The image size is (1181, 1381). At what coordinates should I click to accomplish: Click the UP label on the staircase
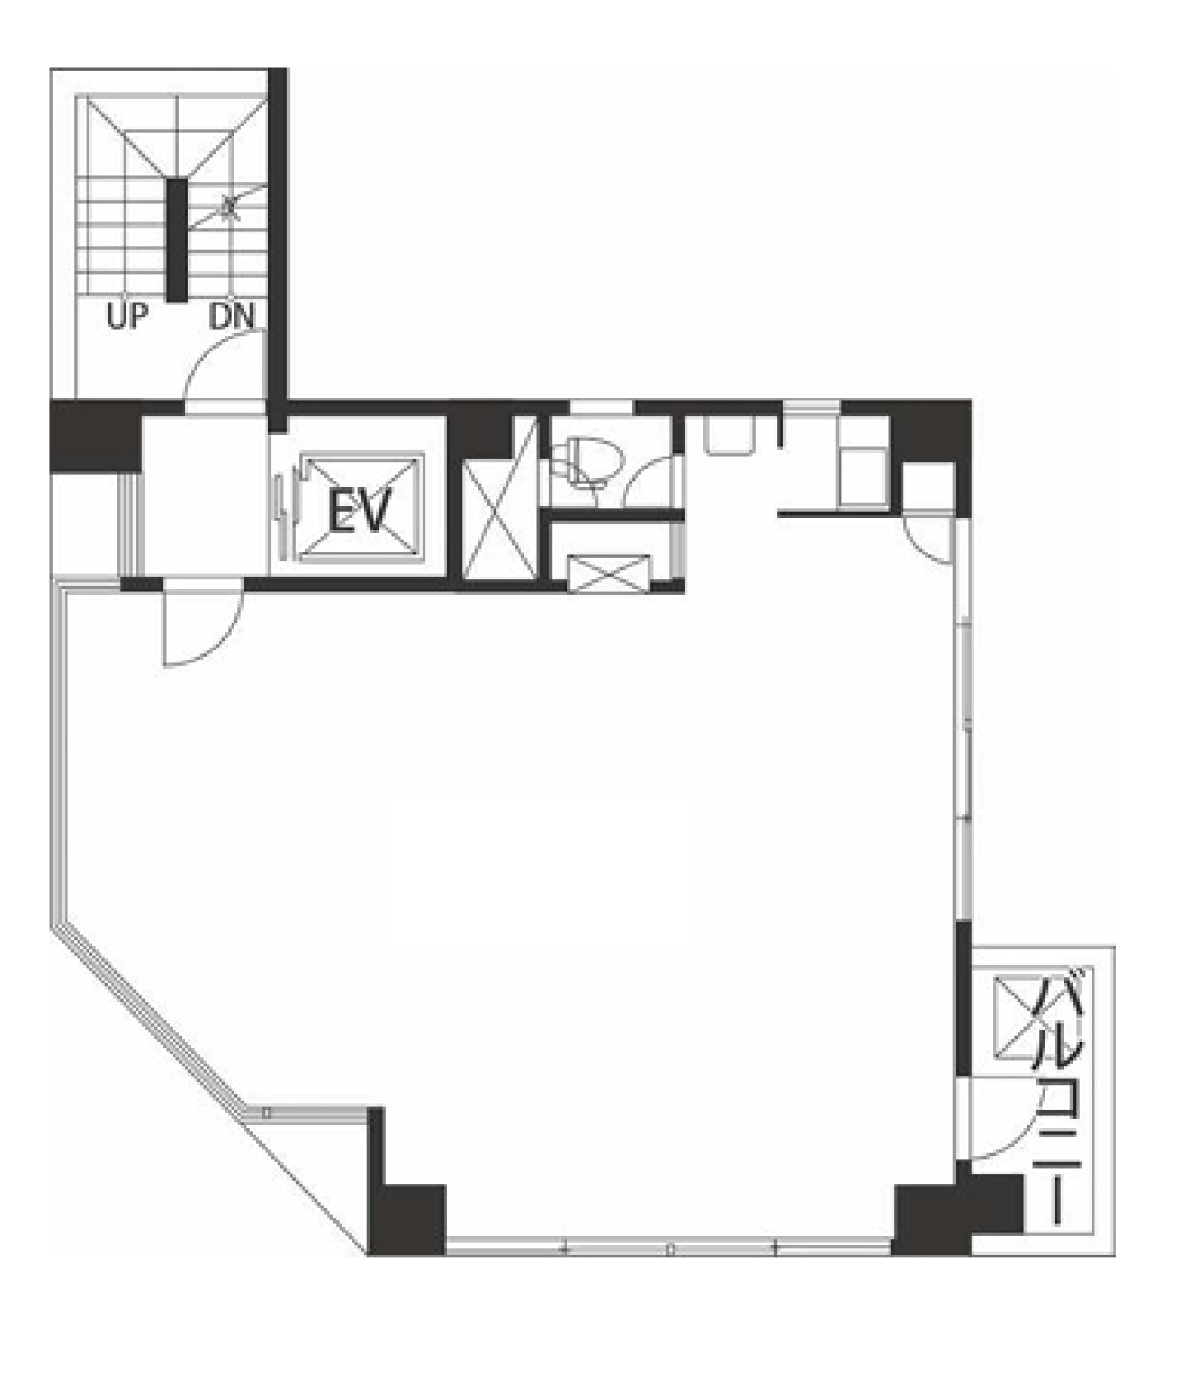(x=127, y=316)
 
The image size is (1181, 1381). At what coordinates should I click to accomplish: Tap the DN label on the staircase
(x=232, y=316)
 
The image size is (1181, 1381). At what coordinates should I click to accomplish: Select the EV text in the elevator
(x=360, y=510)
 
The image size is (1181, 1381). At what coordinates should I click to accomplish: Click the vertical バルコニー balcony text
(x=1057, y=1097)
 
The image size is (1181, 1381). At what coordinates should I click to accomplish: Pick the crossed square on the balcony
(x=1019, y=1017)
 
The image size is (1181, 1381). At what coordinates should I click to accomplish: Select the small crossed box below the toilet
(x=608, y=573)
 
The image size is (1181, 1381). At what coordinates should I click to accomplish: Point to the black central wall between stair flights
(x=176, y=240)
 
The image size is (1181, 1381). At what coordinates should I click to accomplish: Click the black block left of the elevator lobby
(x=96, y=435)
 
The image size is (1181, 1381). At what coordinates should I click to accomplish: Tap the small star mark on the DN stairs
(x=230, y=207)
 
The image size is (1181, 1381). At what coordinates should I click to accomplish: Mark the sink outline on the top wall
(x=729, y=435)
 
